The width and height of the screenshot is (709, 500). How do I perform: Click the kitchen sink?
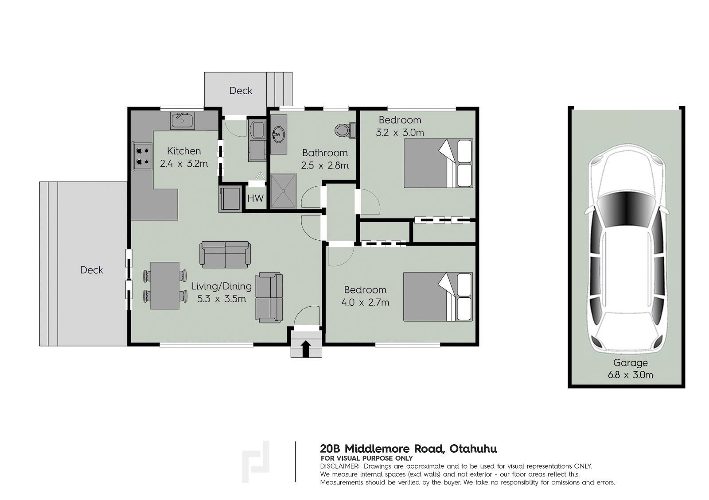(182, 121)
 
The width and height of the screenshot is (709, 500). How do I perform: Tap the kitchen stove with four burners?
(142, 157)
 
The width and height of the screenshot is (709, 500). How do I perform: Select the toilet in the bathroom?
(345, 130)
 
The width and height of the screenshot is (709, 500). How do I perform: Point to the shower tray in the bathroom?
(283, 191)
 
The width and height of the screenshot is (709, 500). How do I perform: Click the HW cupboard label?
(255, 199)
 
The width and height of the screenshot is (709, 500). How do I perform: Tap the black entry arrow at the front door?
(306, 349)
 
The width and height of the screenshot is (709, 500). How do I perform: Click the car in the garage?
(626, 248)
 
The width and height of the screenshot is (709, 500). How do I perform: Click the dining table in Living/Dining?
(164, 285)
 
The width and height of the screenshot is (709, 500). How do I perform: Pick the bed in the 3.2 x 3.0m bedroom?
(438, 163)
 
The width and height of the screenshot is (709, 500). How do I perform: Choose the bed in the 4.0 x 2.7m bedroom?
(438, 297)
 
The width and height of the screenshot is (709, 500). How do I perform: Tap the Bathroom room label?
(325, 153)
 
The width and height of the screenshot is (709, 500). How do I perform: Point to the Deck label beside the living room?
(91, 270)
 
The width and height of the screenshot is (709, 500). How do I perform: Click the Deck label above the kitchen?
(241, 91)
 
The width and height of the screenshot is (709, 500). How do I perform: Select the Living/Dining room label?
(222, 286)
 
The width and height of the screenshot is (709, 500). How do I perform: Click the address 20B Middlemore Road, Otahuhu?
(408, 449)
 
